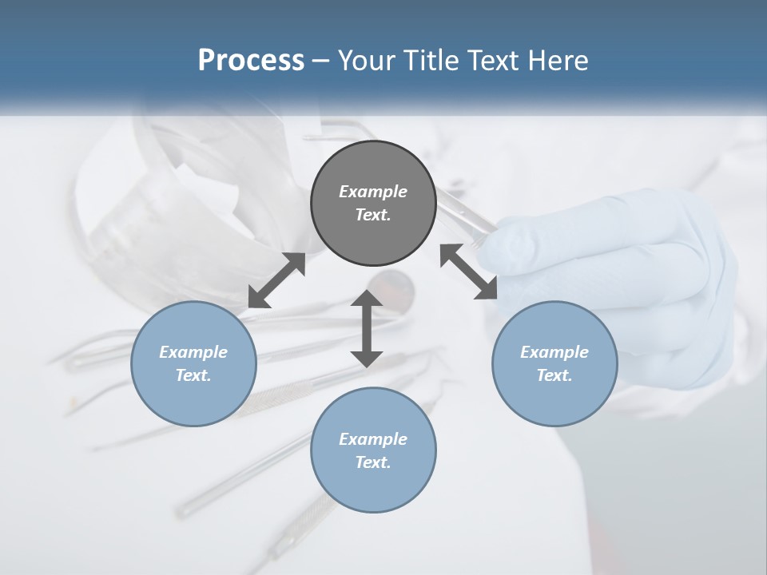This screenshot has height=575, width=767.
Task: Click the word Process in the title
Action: click(251, 61)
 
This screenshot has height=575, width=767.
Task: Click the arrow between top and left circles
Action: click(276, 280)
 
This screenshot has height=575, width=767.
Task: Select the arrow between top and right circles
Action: click(469, 272)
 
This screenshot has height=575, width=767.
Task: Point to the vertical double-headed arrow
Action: click(367, 329)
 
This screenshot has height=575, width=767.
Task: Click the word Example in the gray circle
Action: click(373, 192)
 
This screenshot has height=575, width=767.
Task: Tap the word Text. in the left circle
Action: click(193, 375)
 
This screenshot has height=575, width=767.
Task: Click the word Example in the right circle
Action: click(554, 352)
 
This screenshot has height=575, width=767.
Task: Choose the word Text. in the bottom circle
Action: click(373, 462)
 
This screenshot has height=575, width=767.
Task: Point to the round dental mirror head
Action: click(391, 283)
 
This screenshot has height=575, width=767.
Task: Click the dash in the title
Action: click(321, 61)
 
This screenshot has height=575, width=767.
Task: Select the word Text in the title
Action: click(493, 61)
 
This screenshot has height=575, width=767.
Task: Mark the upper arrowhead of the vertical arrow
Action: click(367, 299)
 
